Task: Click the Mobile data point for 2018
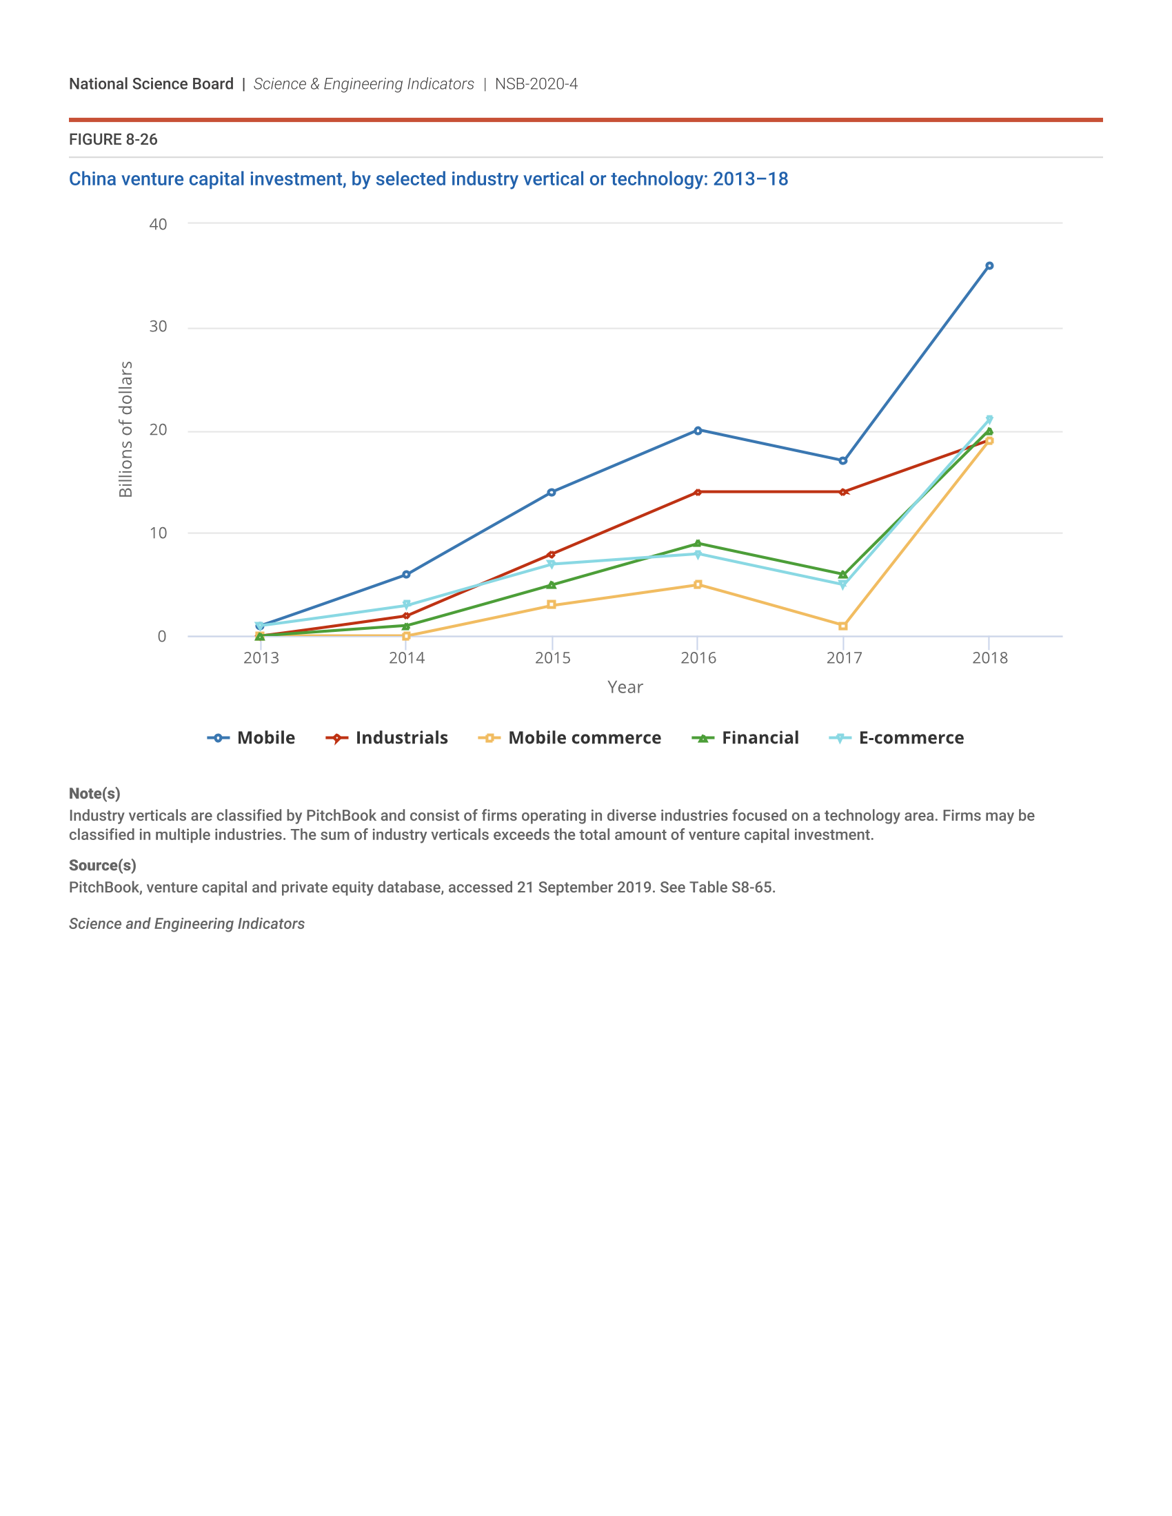[x=989, y=266]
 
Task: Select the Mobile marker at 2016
[x=698, y=431]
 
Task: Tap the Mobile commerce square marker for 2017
[x=843, y=626]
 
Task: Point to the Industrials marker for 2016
[x=698, y=492]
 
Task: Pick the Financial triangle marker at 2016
[x=698, y=544]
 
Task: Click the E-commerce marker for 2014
[x=406, y=604]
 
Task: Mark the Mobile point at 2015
[x=552, y=492]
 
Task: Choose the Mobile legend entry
[x=252, y=738]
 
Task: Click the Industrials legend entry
[x=387, y=738]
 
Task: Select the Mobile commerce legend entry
[x=569, y=738]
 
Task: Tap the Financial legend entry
[x=745, y=738]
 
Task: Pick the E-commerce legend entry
[x=896, y=738]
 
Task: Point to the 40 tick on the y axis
[x=159, y=224]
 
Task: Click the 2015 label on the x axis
[x=553, y=658]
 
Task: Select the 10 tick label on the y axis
[x=159, y=533]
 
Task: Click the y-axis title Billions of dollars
[x=125, y=429]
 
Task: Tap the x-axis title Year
[x=625, y=687]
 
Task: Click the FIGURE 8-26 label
[x=113, y=139]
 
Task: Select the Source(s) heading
[x=102, y=865]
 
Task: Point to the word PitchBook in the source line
[x=104, y=888]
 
